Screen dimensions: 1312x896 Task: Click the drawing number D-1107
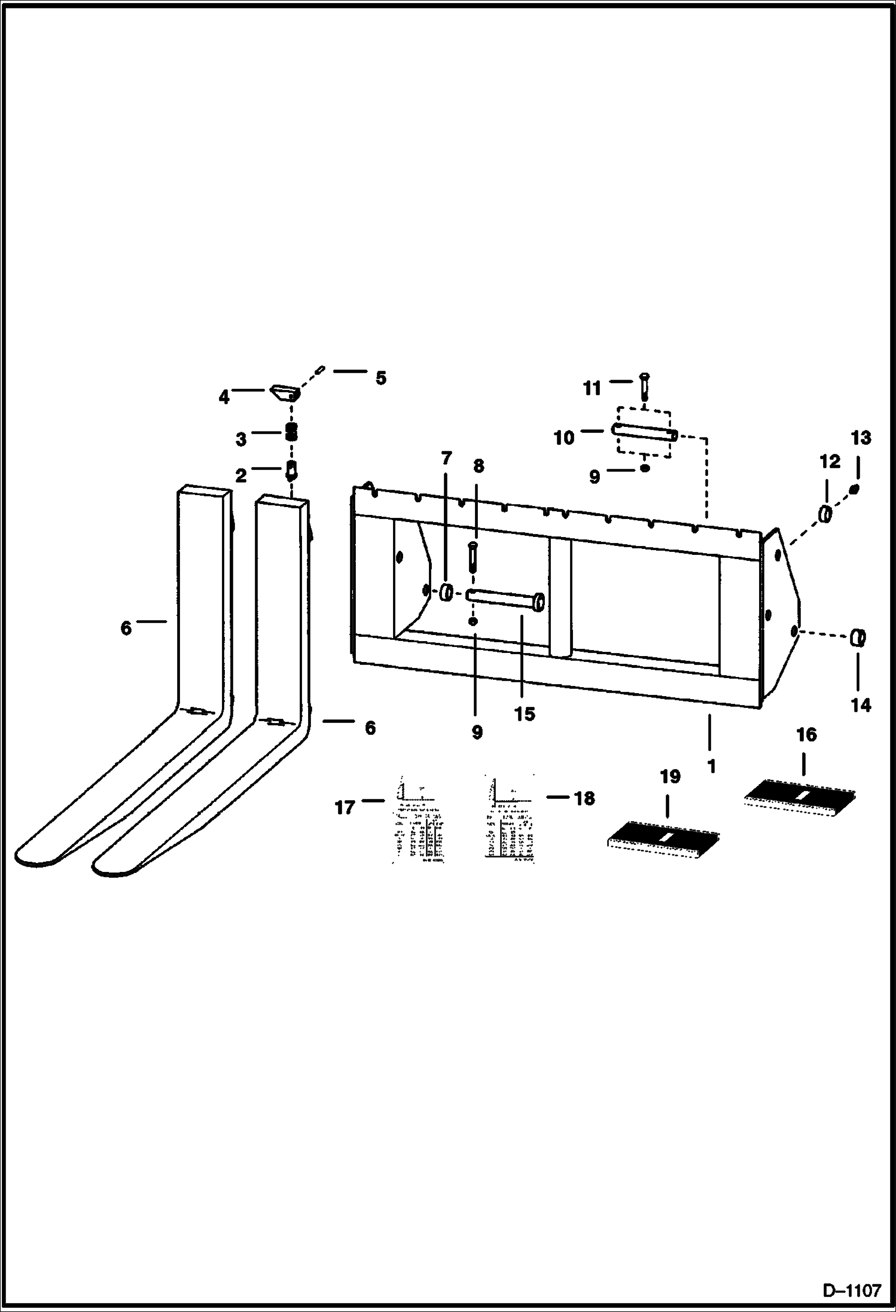tap(852, 1289)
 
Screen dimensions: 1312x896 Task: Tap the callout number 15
tap(525, 714)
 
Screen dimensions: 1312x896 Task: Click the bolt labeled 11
tap(644, 386)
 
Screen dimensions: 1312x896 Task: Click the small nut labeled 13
tap(854, 490)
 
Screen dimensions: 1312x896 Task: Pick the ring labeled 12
tap(825, 514)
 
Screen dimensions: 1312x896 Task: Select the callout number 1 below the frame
tap(711, 766)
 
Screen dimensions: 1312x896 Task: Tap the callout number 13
tap(861, 438)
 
